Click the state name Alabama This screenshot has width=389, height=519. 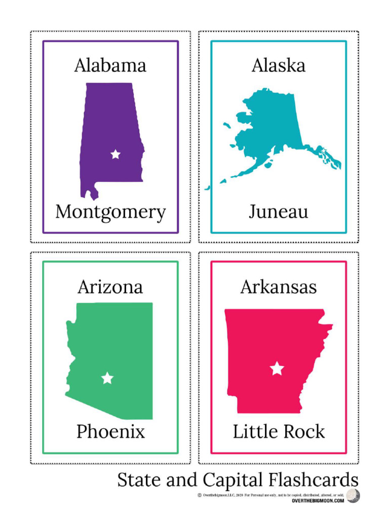(110, 65)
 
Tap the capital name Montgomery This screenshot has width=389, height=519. (110, 212)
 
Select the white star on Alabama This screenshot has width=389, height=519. (115, 154)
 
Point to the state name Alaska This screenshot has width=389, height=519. (278, 65)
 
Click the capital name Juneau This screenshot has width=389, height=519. (278, 212)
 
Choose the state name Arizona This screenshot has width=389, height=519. (110, 287)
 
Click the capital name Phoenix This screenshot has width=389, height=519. (110, 432)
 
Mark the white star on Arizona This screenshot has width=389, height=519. (107, 378)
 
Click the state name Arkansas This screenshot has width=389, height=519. (278, 287)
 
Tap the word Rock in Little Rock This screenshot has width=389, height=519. (303, 432)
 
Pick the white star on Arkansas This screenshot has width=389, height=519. (277, 368)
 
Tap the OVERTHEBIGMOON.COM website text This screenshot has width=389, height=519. (318, 501)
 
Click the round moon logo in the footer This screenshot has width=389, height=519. (353, 496)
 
